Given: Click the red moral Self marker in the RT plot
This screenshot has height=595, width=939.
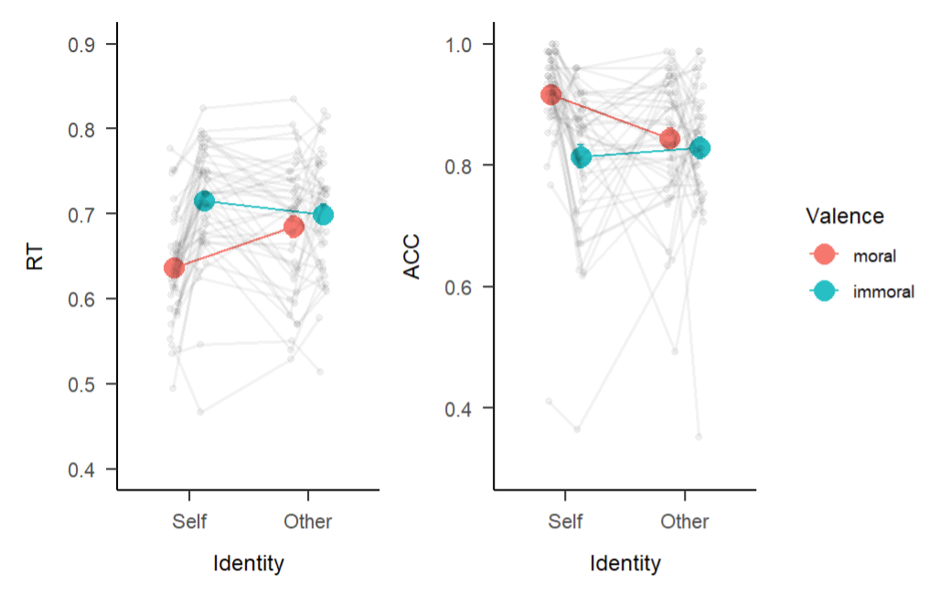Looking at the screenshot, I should (174, 268).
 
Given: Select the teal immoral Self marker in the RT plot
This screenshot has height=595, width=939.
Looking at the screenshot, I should (204, 200).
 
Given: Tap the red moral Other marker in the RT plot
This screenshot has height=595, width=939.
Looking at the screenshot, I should (293, 227).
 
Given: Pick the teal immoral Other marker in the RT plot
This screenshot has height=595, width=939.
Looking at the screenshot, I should (323, 215).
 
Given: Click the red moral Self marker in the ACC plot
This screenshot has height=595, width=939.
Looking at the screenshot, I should (550, 95).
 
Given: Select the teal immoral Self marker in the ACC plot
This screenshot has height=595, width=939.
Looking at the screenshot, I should (581, 157).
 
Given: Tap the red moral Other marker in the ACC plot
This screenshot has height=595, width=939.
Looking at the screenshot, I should (670, 138).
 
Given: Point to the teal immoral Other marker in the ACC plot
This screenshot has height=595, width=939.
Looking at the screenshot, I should (700, 148).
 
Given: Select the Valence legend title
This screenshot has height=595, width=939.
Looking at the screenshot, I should (844, 216).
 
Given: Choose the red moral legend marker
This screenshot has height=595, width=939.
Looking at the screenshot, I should (823, 255).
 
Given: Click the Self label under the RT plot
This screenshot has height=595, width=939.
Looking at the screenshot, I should (189, 522).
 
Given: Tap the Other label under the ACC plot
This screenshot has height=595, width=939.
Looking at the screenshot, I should (685, 522).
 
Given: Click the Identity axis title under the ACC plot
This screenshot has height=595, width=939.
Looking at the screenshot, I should (625, 564).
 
